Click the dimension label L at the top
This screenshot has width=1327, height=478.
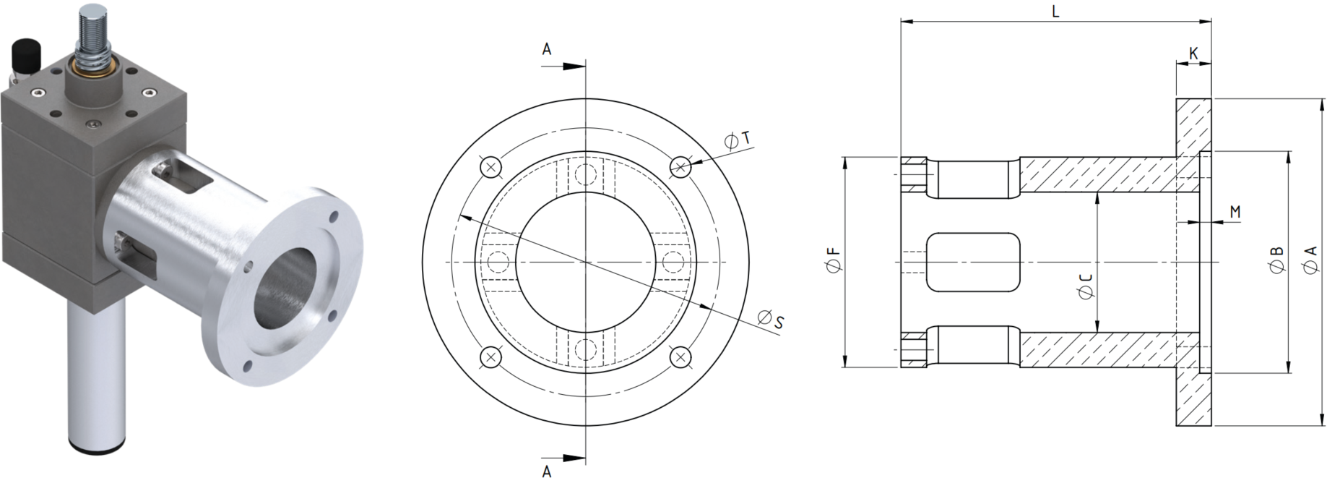tap(1055, 12)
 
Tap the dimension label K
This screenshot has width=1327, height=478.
tap(1193, 54)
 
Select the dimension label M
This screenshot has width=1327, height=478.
tap(1235, 212)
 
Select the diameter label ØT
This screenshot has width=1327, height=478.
tap(738, 140)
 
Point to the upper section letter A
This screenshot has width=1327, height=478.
tap(547, 49)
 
